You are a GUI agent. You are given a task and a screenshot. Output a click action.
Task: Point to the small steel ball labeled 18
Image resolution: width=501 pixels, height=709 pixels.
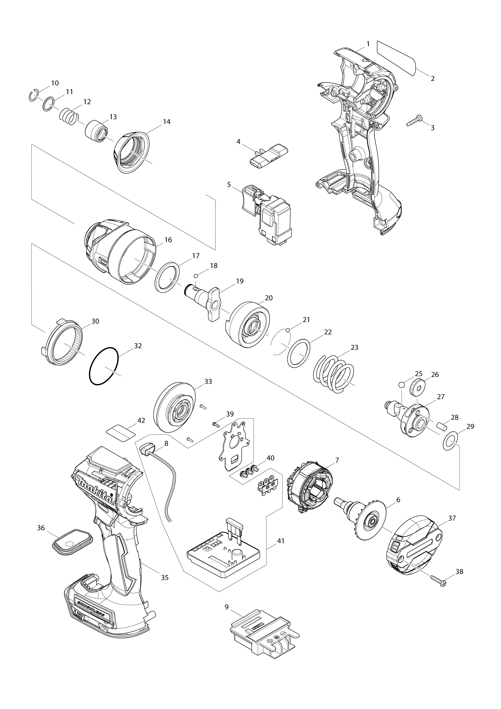pos(195,275)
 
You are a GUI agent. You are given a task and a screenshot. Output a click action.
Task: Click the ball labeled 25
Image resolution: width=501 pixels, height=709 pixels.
pos(402,384)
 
